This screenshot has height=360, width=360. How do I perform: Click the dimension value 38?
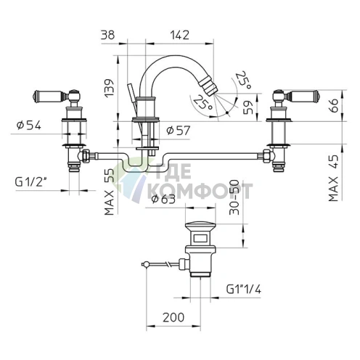(x=107, y=36)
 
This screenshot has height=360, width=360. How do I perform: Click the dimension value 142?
(x=179, y=36)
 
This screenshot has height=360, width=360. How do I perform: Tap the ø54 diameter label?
(x=29, y=126)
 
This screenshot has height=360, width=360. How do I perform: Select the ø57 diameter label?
(x=179, y=131)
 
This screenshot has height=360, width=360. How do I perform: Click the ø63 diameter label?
(x=163, y=199)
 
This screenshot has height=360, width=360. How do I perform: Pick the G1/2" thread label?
(x=30, y=182)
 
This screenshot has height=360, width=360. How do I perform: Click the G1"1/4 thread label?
(x=244, y=289)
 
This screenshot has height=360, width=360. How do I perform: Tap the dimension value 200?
(x=173, y=317)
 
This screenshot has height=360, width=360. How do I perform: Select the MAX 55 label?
(x=109, y=192)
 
